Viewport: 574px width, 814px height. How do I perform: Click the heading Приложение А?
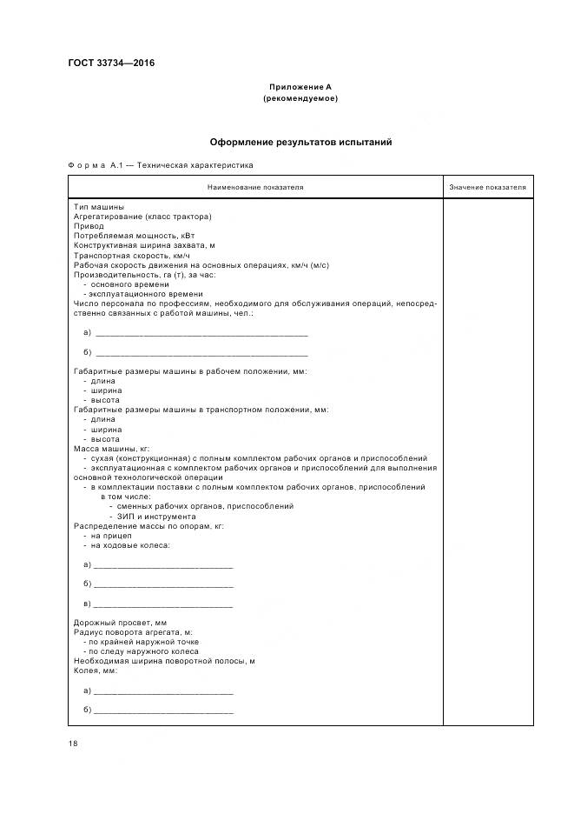point(300,87)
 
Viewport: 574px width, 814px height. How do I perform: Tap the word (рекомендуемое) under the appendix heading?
point(300,98)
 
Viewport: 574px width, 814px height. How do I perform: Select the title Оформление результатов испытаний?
point(300,141)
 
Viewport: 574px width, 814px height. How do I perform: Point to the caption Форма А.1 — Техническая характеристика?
point(161,163)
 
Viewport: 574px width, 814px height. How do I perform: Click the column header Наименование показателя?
point(255,187)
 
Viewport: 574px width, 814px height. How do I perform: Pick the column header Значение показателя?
point(487,187)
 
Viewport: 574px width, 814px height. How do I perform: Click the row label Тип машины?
point(98,207)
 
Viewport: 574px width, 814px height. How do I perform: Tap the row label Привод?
point(89,226)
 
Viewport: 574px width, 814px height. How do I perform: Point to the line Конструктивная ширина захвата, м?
point(144,245)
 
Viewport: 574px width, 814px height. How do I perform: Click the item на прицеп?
point(108,536)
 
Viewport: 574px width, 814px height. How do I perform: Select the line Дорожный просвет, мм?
point(120,623)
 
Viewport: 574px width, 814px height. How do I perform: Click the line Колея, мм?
point(96,671)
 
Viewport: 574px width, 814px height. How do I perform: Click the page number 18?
point(73,744)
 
